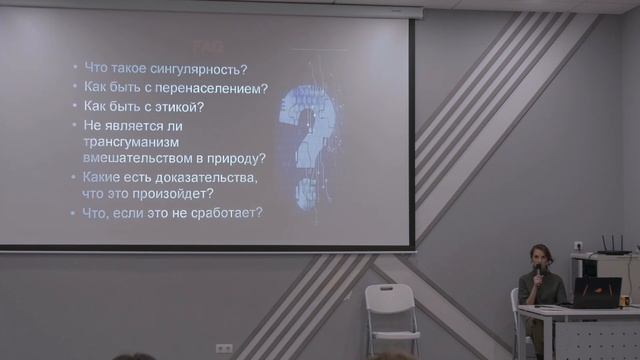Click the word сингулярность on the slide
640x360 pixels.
pos(199,68)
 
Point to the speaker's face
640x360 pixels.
pos(542,256)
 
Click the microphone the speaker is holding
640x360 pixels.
pos(537,269)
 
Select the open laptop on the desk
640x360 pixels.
pos(594,292)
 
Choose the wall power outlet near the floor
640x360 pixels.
pos(224,349)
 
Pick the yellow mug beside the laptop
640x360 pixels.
pos(624,300)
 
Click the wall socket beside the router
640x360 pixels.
pos(577,244)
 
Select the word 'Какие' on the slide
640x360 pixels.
pos(105,177)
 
